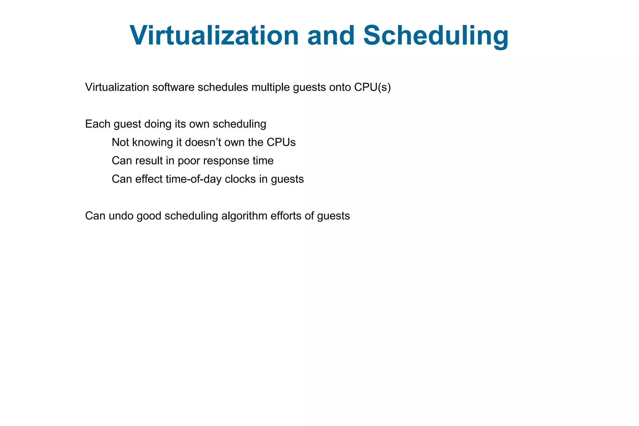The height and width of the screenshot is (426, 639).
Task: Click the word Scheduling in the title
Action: (436, 36)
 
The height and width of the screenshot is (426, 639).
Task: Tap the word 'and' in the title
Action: (331, 36)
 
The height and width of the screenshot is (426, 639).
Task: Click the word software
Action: (173, 87)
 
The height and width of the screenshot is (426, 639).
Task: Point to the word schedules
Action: (223, 87)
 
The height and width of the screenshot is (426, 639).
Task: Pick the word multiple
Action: (271, 87)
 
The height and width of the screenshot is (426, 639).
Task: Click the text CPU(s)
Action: (372, 87)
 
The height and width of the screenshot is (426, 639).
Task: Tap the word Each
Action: (98, 124)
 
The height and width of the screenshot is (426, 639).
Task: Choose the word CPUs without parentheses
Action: (281, 143)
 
